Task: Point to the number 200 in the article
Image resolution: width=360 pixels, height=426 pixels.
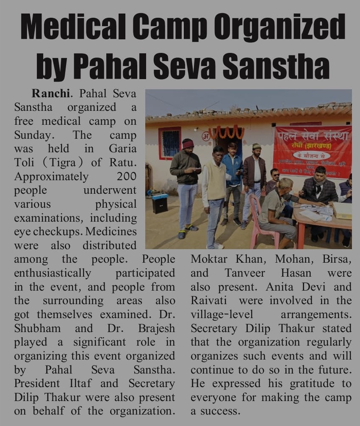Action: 126,176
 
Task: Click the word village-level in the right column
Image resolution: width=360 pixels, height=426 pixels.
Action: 222,314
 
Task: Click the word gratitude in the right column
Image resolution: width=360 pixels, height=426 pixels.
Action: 315,384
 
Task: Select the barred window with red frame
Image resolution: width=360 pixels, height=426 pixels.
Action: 169,143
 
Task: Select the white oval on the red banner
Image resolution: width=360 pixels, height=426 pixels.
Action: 311,155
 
